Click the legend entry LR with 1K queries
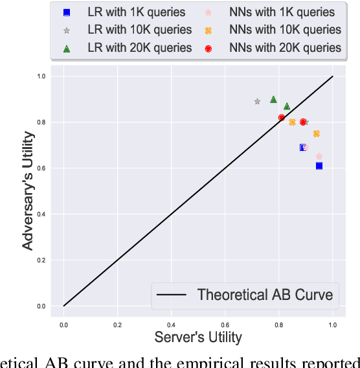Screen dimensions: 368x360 click(136, 12)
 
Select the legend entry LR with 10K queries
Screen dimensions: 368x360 click(139, 30)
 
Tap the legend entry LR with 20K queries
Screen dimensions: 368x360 click(139, 47)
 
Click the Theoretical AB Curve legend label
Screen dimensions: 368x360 click(265, 295)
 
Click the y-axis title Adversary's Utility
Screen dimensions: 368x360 click(28, 190)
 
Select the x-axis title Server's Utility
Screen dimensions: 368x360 click(198, 337)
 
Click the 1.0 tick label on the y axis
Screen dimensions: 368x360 click(41, 76)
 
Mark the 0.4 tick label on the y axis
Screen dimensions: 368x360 click(41, 214)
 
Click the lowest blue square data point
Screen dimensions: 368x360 click(319, 166)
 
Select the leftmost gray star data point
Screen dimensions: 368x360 click(257, 102)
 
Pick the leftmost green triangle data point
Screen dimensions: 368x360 click(273, 99)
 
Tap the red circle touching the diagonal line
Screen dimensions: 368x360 click(282, 117)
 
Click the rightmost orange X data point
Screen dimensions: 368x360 click(317, 133)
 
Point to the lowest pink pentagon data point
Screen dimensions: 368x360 click(319, 156)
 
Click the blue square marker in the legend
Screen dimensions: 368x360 click(66, 12)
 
